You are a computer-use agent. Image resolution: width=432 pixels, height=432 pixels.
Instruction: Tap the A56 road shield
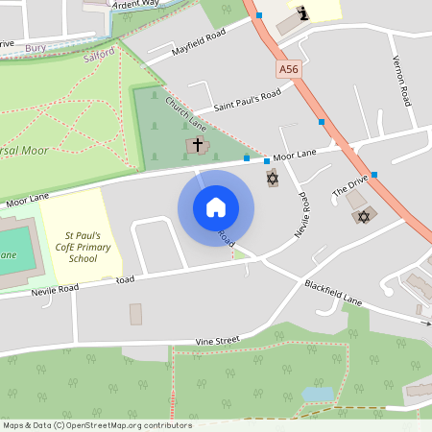tap(289, 69)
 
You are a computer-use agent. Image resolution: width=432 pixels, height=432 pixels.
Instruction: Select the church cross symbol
tap(198, 145)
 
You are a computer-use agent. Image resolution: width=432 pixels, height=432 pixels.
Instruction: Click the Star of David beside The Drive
tap(363, 217)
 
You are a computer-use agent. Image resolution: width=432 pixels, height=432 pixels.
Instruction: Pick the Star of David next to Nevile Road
tap(272, 180)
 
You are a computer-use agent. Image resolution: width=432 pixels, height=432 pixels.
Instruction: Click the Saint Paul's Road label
tap(247, 99)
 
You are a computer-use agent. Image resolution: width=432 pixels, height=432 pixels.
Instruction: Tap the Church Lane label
tap(185, 112)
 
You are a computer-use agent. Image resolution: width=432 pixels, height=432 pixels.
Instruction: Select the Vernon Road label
tap(401, 82)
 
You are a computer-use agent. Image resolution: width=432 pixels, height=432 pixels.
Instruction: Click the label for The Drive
tap(350, 185)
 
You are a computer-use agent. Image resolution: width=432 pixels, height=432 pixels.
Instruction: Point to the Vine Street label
tap(217, 341)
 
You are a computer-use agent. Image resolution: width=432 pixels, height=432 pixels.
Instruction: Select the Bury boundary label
tap(36, 46)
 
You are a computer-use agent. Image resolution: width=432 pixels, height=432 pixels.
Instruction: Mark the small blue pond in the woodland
tap(317, 394)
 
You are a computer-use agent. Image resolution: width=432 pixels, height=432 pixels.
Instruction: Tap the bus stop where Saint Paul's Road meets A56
tap(321, 122)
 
